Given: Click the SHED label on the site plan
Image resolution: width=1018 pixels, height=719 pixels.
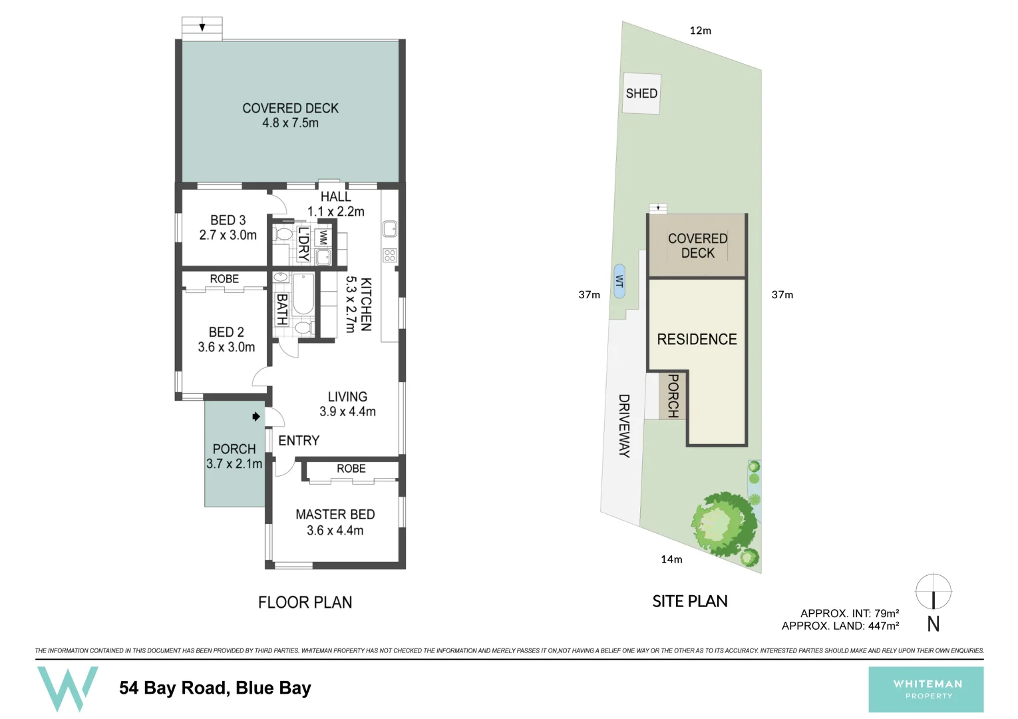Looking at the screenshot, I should (x=641, y=94).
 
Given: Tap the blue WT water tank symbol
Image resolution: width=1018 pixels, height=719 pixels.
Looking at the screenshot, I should (x=619, y=281).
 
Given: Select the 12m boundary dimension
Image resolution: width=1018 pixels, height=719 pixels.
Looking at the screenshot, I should (x=700, y=31).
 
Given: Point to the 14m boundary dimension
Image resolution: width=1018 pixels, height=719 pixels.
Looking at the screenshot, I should (x=671, y=559).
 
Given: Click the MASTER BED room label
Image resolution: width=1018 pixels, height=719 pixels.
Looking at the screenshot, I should (x=335, y=515).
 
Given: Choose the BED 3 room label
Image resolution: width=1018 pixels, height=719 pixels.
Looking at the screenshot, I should (x=228, y=220).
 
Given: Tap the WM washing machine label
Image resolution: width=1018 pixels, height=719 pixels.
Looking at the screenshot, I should (x=323, y=238).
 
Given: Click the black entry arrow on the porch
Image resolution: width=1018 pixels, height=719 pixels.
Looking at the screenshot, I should (x=256, y=417).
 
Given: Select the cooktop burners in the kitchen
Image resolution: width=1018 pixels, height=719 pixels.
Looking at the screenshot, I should (x=390, y=254).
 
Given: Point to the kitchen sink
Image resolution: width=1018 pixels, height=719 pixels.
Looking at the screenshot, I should (x=390, y=229).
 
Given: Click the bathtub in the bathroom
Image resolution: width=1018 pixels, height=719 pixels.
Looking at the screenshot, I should (x=303, y=294).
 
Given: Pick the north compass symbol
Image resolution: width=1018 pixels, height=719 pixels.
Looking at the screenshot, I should (x=933, y=592).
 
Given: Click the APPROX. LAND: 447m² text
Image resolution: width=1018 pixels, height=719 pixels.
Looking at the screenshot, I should (x=840, y=626).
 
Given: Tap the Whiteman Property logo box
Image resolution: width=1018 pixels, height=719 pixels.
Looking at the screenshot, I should (x=926, y=689).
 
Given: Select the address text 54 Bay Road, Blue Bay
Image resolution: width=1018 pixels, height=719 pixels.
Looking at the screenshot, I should (x=215, y=688).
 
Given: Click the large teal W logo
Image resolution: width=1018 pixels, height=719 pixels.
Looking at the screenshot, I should (x=67, y=688).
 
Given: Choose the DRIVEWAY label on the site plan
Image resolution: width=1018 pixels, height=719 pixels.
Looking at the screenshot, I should (x=624, y=426).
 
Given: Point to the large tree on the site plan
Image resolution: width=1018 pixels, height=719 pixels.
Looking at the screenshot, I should (x=723, y=523).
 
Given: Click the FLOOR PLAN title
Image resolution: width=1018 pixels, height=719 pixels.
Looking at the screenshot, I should (x=305, y=602).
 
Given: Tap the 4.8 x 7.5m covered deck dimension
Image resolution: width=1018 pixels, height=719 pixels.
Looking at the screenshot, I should (x=290, y=123).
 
